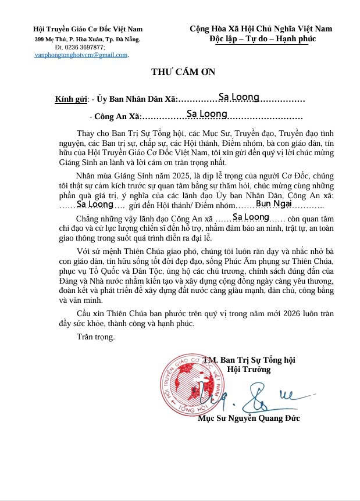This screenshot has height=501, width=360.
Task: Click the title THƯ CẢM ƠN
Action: [x=183, y=72]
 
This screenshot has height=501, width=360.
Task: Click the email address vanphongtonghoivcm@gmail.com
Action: [x=81, y=55]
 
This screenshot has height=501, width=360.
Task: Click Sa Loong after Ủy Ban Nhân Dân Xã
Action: [x=238, y=97]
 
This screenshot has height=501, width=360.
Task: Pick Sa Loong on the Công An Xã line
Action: [x=206, y=114]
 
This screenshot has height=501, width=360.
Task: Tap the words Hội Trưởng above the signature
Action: [x=248, y=369]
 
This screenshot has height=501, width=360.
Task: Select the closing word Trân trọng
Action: [x=95, y=337]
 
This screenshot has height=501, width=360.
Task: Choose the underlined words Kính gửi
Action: [x=70, y=99]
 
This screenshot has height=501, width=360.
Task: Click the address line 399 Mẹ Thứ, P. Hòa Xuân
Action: [x=87, y=40]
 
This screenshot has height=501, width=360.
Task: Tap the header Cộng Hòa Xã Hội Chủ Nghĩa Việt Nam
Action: [x=261, y=28]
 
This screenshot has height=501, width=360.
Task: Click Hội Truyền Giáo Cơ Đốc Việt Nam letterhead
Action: [x=88, y=29]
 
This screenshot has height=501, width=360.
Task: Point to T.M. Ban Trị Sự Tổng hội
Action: [x=249, y=360]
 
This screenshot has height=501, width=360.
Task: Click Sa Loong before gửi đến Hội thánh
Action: [x=95, y=204]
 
